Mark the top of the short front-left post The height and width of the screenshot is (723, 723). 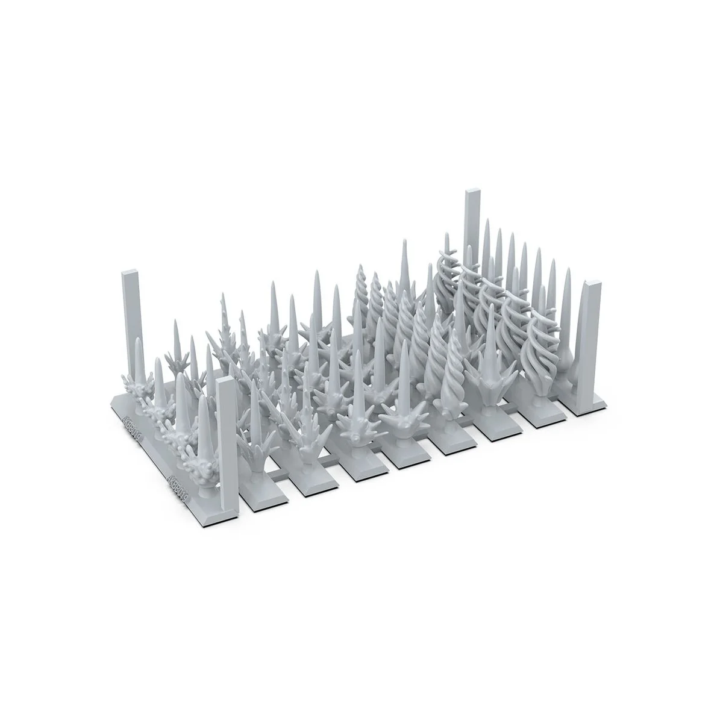point(225,381)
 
